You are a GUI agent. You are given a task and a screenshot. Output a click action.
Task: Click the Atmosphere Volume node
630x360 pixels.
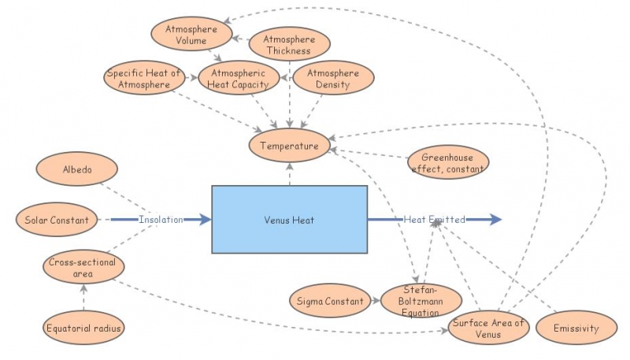pyautogui.click(x=191, y=35)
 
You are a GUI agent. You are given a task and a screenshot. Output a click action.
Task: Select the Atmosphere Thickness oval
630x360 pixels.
pyautogui.click(x=288, y=45)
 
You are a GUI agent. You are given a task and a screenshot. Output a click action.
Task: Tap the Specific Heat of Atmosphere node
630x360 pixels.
pyautogui.click(x=144, y=79)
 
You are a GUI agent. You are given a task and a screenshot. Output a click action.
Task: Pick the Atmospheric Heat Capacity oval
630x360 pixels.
pyautogui.click(x=239, y=79)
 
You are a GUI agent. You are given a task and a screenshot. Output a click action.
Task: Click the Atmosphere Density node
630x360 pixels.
pyautogui.click(x=333, y=79)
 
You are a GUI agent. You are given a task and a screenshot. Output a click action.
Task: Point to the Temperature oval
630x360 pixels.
pyautogui.click(x=290, y=146)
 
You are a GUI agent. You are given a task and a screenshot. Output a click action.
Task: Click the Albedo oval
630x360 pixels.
pyautogui.click(x=77, y=169)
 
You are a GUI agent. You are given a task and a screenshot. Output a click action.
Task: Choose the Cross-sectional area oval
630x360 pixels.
pyautogui.click(x=81, y=268)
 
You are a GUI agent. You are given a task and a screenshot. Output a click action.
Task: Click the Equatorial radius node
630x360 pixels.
pyautogui.click(x=83, y=327)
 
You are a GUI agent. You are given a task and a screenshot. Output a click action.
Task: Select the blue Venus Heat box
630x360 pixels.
pyautogui.click(x=289, y=220)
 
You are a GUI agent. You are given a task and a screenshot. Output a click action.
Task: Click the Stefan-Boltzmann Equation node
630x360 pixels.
pyautogui.click(x=420, y=300)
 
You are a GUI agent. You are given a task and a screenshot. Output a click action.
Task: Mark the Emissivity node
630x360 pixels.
pyautogui.click(x=577, y=328)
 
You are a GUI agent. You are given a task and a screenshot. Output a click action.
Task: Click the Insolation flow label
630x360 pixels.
pyautogui.click(x=161, y=220)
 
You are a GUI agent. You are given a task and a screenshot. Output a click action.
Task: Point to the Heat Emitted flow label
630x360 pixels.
pyautogui.click(x=435, y=220)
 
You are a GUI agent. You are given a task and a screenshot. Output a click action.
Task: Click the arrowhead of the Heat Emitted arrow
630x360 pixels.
pyautogui.click(x=495, y=220)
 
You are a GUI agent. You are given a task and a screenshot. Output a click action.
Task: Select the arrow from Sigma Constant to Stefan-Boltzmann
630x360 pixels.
pyautogui.click(x=374, y=300)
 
